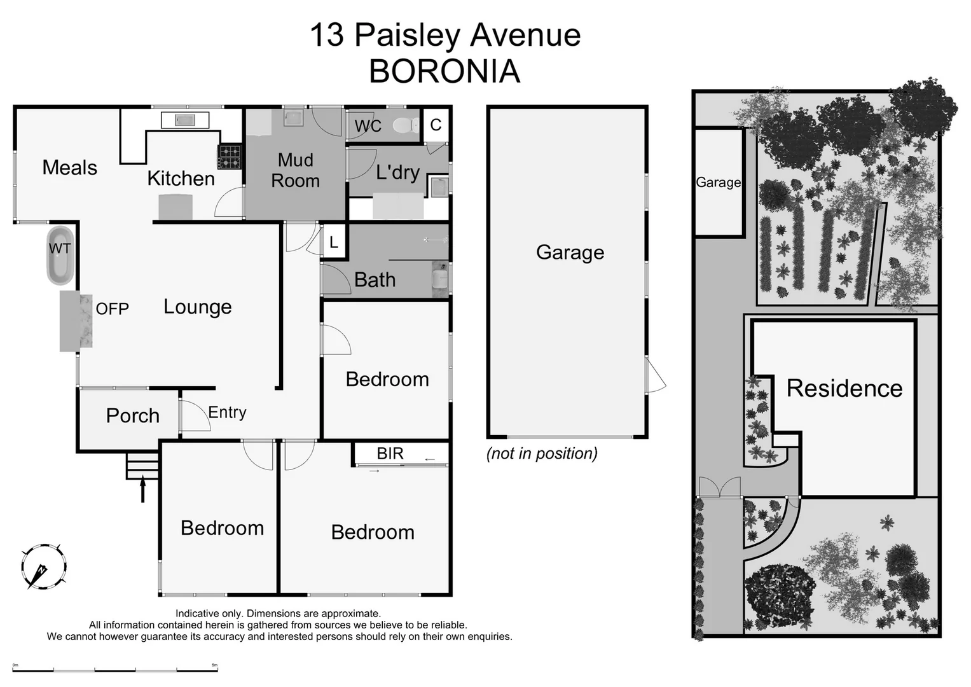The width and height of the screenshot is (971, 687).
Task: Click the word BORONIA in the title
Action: tap(444, 71)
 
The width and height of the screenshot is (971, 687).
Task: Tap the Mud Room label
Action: tap(295, 170)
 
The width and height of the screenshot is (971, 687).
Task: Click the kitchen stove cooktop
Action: tap(230, 156)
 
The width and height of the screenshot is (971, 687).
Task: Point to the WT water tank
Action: tap(60, 256)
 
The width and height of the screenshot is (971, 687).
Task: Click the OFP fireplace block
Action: tap(76, 321)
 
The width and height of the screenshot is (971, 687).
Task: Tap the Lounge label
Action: tap(197, 307)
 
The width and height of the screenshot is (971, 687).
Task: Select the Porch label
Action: tap(132, 415)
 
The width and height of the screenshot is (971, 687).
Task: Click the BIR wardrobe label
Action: tap(390, 454)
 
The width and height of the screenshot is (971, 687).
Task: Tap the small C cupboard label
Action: tap(436, 125)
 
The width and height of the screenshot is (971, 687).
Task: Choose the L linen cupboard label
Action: tap(333, 243)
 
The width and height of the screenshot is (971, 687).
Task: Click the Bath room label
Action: tap(375, 280)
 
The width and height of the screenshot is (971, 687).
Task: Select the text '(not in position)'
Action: tap(542, 454)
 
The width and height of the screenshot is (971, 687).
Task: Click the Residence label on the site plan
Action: tap(844, 388)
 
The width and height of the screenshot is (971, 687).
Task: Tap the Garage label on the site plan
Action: tap(718, 183)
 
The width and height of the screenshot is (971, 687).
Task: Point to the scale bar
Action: tap(115, 669)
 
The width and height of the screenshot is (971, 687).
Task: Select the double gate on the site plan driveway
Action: tap(720, 489)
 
